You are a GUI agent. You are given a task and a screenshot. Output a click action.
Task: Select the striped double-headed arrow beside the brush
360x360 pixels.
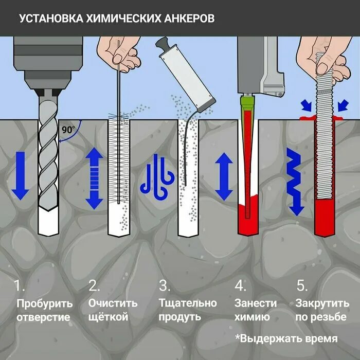pyautogui.click(x=94, y=178)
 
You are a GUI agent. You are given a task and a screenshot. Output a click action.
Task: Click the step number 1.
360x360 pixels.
pyautogui.click(x=19, y=285)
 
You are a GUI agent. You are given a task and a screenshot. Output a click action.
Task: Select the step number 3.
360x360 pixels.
pyautogui.click(x=164, y=285)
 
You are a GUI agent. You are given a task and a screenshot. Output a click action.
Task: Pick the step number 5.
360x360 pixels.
pyautogui.click(x=302, y=285)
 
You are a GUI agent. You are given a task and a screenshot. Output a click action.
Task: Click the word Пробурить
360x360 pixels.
pyautogui.click(x=45, y=303)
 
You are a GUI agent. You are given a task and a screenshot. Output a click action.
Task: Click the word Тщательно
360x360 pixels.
pyautogui.click(x=188, y=303)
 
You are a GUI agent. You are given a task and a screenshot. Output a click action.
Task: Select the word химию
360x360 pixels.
pyautogui.click(x=253, y=317)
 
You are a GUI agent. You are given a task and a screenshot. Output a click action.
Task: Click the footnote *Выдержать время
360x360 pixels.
pyautogui.click(x=286, y=338)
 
